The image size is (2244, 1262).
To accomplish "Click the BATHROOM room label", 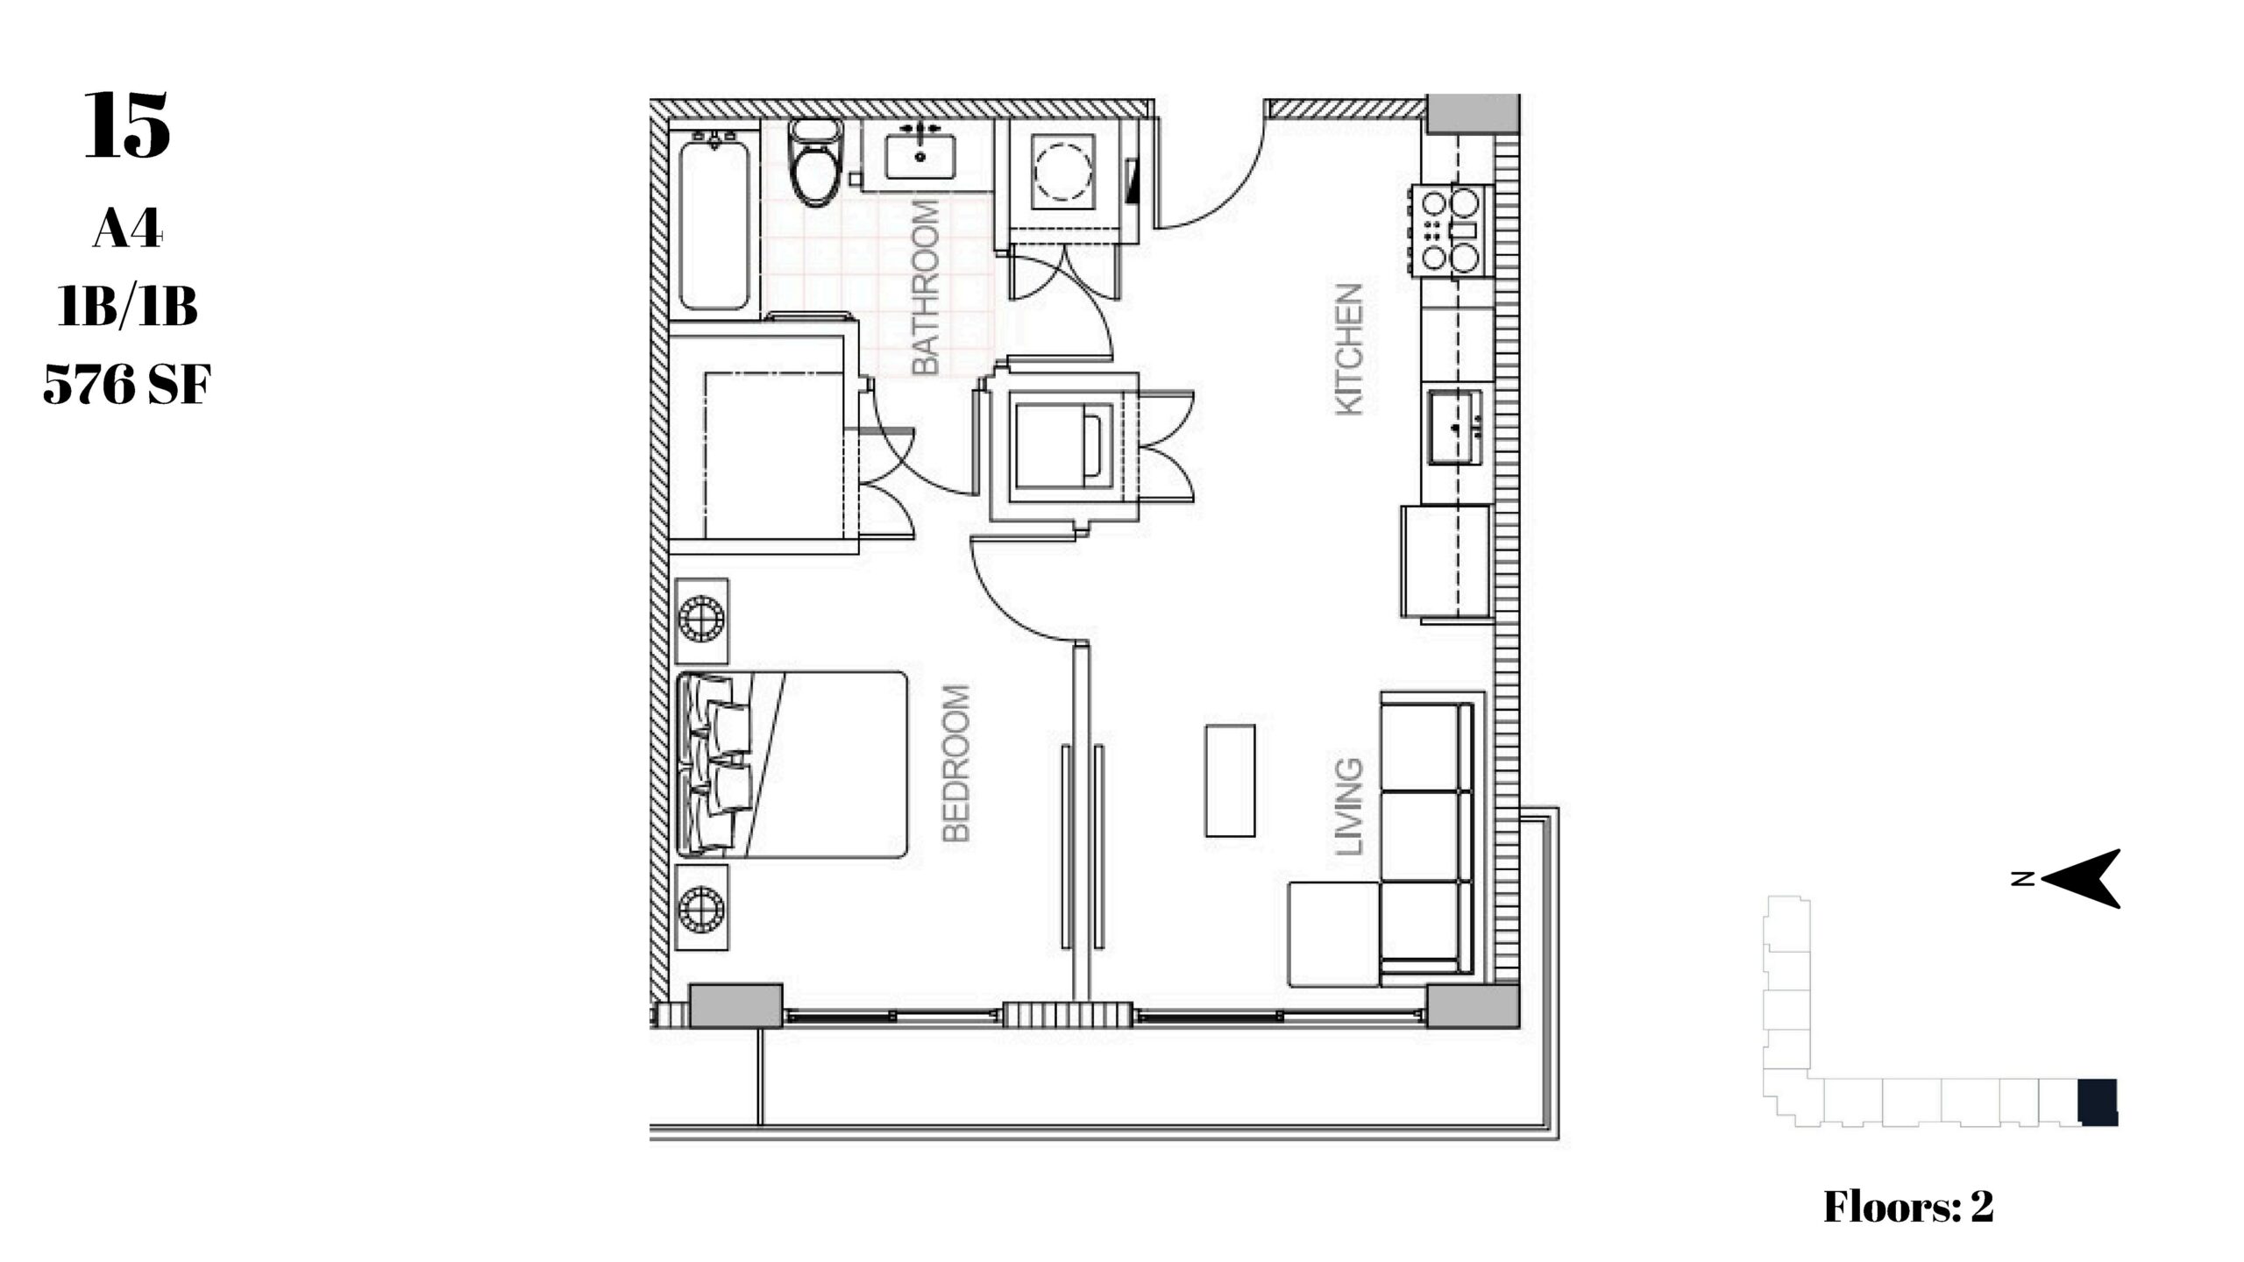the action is [x=926, y=288].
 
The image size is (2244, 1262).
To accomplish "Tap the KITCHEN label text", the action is [x=1349, y=349].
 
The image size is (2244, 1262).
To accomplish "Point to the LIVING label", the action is [x=1349, y=807].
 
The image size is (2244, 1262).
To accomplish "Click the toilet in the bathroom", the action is [x=815, y=163].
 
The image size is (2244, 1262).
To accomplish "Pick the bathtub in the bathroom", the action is [x=715, y=223].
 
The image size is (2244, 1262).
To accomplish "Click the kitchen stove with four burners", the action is [x=1450, y=230].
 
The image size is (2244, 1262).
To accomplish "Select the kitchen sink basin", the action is [x=1456, y=427].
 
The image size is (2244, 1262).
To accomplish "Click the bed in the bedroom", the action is [x=792, y=764].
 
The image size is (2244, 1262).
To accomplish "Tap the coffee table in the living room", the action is [x=1230, y=780].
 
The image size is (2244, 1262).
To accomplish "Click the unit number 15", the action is [x=127, y=126].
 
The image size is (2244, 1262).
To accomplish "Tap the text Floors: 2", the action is [x=1908, y=1207].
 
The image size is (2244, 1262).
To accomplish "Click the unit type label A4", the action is [x=128, y=230].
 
